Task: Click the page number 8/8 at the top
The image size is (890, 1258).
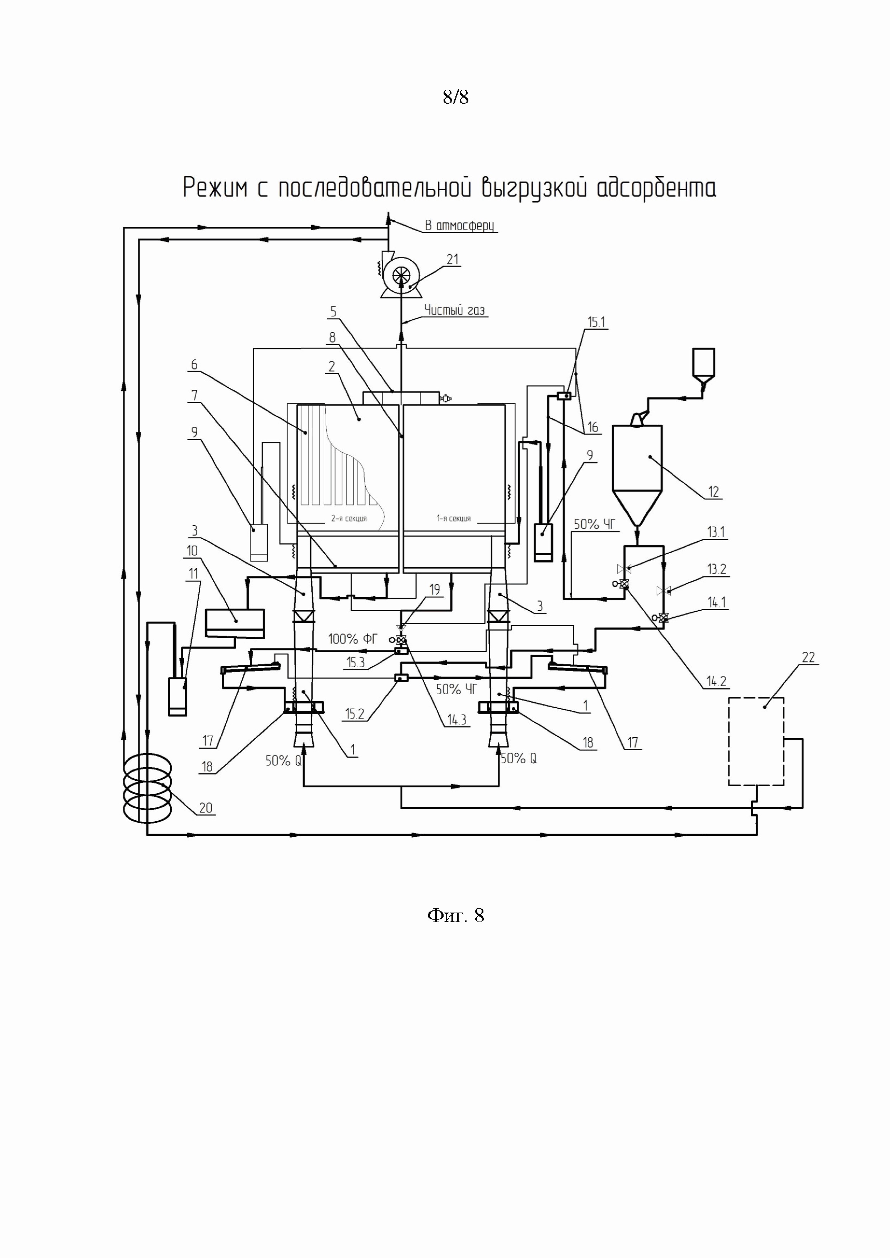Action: (x=455, y=98)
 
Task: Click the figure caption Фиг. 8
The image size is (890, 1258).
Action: (x=455, y=915)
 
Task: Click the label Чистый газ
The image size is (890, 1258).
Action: (x=454, y=310)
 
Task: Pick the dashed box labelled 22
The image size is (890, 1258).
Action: (x=756, y=741)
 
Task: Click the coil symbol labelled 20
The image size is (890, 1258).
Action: (x=147, y=785)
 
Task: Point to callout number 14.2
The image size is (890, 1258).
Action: (x=716, y=681)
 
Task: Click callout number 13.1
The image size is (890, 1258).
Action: (x=716, y=532)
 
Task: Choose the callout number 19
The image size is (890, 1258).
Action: (x=435, y=590)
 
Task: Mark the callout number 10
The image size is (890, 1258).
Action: (x=192, y=551)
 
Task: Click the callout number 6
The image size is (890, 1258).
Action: (x=194, y=364)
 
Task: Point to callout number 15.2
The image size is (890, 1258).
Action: (x=355, y=713)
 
